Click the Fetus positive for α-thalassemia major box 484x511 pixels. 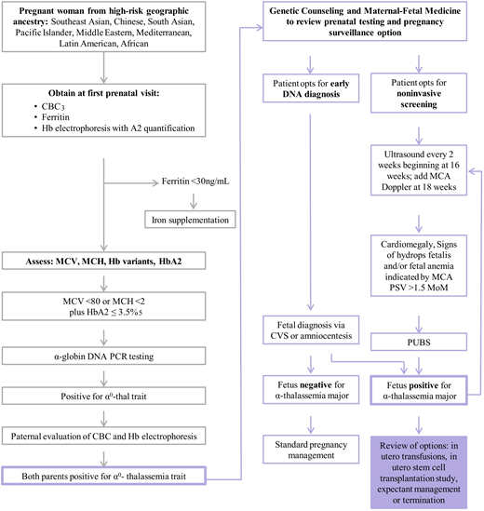[417, 390]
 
